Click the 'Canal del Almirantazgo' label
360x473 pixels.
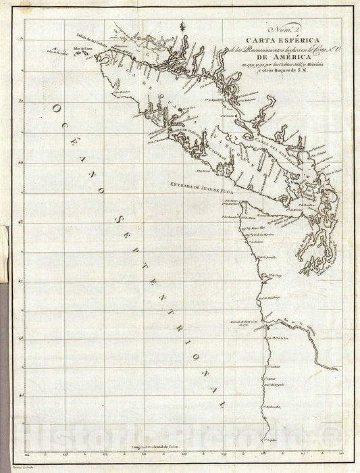323,261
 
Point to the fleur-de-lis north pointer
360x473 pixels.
182,26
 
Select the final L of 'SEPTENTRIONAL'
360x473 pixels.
220,403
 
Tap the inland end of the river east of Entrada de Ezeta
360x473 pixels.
336,369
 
